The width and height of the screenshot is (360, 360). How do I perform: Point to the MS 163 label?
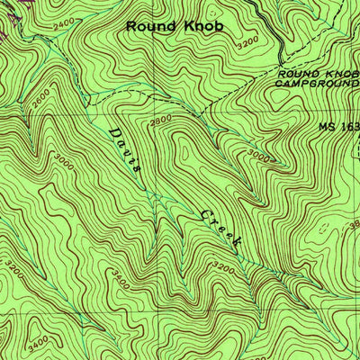(x=338, y=127)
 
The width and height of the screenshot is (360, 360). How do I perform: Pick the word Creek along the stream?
(x=220, y=228)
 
